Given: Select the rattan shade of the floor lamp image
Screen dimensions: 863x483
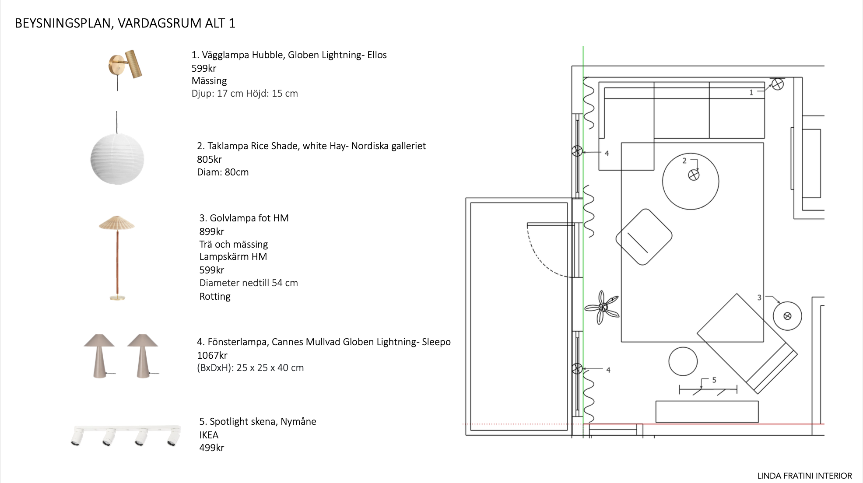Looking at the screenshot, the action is (x=117, y=223).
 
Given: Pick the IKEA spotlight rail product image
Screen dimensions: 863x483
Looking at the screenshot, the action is (x=126, y=435).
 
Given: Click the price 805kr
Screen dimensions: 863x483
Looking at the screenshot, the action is (x=209, y=159).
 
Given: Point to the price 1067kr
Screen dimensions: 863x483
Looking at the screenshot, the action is (x=212, y=355).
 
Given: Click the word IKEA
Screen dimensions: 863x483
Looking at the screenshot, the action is (x=209, y=435).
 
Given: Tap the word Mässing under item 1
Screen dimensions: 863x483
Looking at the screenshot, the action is (x=209, y=81).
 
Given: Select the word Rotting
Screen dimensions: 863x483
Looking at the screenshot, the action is (x=215, y=297).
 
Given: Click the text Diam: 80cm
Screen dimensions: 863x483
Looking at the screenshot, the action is (x=223, y=172).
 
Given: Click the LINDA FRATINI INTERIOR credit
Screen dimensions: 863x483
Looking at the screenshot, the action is (x=805, y=476).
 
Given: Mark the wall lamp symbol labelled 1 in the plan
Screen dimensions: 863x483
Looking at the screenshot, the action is (x=778, y=84).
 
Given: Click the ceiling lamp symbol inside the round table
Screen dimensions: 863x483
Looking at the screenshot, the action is (x=694, y=175).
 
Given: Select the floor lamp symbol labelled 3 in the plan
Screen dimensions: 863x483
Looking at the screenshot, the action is (x=787, y=316).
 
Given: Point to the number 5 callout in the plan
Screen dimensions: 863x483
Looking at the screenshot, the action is (x=714, y=380).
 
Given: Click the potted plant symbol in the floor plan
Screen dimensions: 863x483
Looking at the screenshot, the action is (x=602, y=307).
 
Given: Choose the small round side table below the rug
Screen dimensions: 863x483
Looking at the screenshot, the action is (x=683, y=361).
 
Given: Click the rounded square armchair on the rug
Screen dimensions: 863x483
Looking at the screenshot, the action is (x=644, y=237).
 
